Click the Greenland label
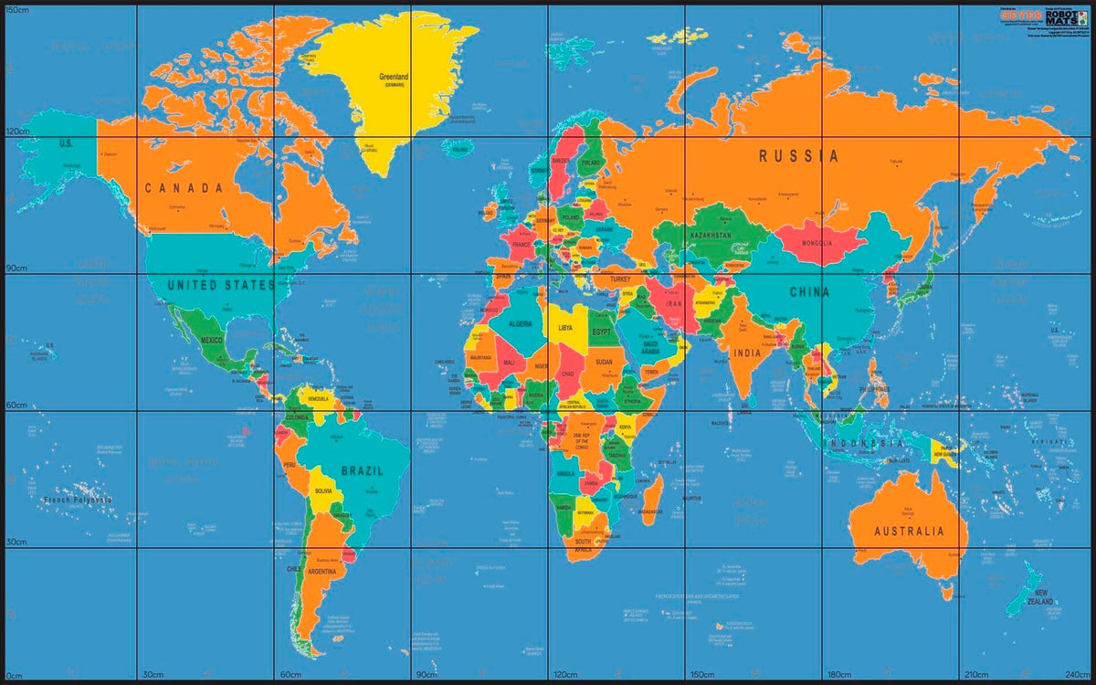coord(394,77)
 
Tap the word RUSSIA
coord(798,156)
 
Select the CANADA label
coord(184,188)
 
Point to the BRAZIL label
coord(362,471)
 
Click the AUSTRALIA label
coord(908,532)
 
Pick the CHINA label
coord(809,292)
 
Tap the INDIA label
coord(746,353)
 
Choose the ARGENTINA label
coord(321,571)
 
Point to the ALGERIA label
coord(520,324)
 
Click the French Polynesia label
coord(78,500)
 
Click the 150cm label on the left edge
coord(17,9)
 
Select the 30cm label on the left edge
coord(16,542)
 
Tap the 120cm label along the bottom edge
coord(564,675)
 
